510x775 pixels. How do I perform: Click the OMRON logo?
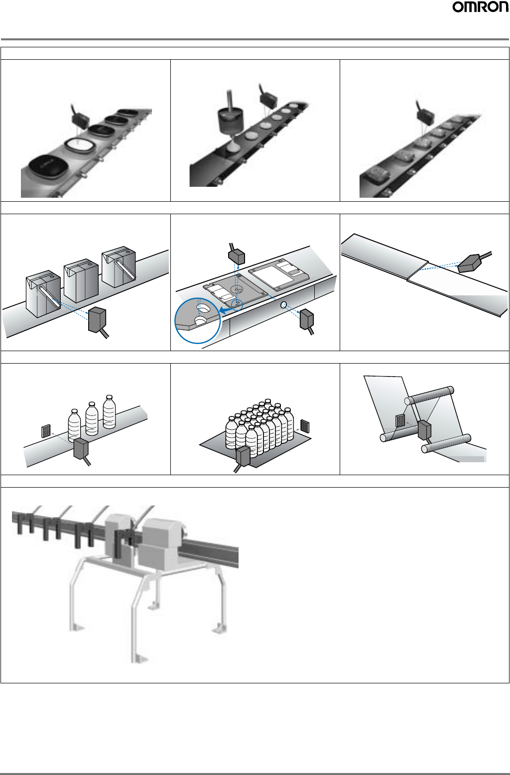pyautogui.click(x=481, y=7)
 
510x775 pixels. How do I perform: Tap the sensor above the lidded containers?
pyautogui.click(x=80, y=120)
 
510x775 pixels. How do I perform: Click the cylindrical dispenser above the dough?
pyautogui.click(x=230, y=121)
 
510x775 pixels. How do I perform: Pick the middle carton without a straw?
pyautogui.click(x=81, y=280)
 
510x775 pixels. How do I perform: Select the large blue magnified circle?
pyautogui.click(x=198, y=320)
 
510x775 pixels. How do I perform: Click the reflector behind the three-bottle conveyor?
pyautogui.click(x=46, y=431)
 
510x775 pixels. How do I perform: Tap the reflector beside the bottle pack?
pyautogui.click(x=304, y=426)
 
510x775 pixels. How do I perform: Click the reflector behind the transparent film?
pyautogui.click(x=400, y=420)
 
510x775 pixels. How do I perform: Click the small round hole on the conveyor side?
pyautogui.click(x=283, y=305)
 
